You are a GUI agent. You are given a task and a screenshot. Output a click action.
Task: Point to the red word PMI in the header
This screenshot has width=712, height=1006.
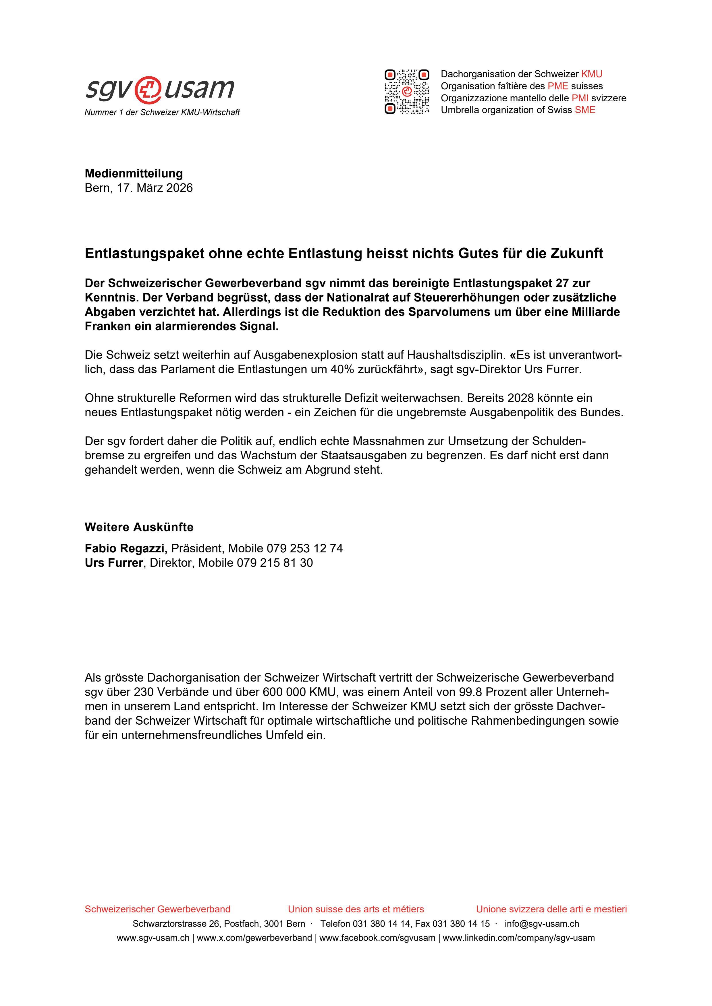coord(580,98)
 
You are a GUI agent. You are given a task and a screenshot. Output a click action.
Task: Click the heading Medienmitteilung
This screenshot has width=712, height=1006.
coord(134,173)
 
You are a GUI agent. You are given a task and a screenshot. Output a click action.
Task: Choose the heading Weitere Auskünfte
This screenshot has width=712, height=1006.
coord(139,527)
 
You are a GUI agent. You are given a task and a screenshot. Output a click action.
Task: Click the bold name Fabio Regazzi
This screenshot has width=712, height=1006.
coord(126,548)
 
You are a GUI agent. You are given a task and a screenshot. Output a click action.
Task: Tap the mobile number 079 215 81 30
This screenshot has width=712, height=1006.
coord(275,563)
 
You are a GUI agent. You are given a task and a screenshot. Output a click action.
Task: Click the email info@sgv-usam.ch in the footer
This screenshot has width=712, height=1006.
coord(542,924)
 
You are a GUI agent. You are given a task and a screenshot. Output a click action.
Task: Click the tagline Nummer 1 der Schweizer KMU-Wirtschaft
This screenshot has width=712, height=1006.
coord(162,113)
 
